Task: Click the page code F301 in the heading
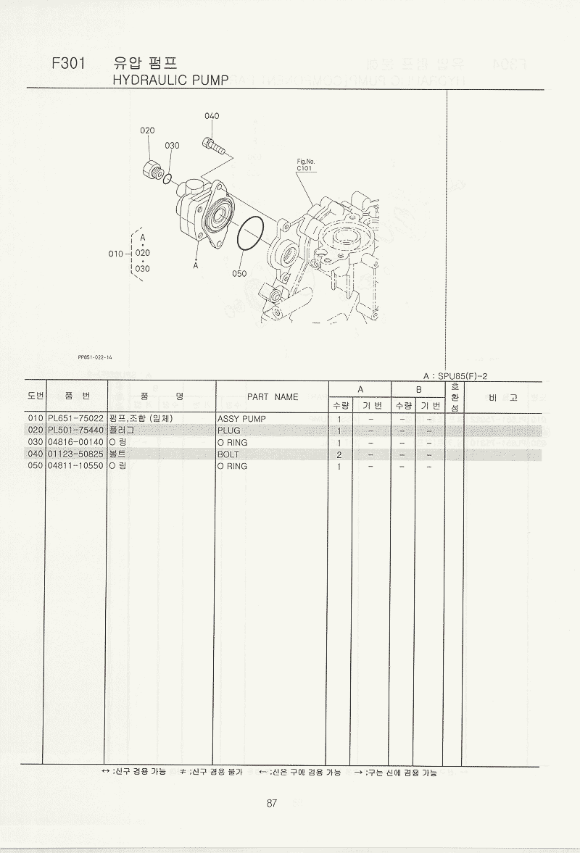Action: click(69, 64)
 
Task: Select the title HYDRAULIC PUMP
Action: click(170, 80)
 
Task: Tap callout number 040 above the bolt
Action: click(212, 116)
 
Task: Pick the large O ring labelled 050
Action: click(251, 234)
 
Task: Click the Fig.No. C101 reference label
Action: click(305, 165)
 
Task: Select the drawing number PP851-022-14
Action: click(95, 357)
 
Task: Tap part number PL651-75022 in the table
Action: click(75, 419)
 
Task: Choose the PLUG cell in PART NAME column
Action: click(228, 430)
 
